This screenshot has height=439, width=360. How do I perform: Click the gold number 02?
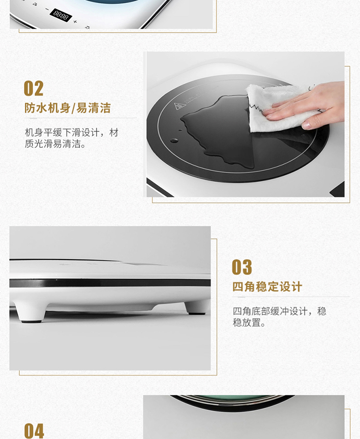34,88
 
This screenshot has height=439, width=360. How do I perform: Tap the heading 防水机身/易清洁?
68,108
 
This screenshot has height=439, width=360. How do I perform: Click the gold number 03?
242,267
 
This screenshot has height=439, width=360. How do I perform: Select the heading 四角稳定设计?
267,287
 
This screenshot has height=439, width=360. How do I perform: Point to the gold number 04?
34,430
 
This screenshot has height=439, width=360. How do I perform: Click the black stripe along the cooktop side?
110,283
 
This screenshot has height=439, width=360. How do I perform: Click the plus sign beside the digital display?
75,22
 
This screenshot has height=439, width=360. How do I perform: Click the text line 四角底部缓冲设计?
270,311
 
